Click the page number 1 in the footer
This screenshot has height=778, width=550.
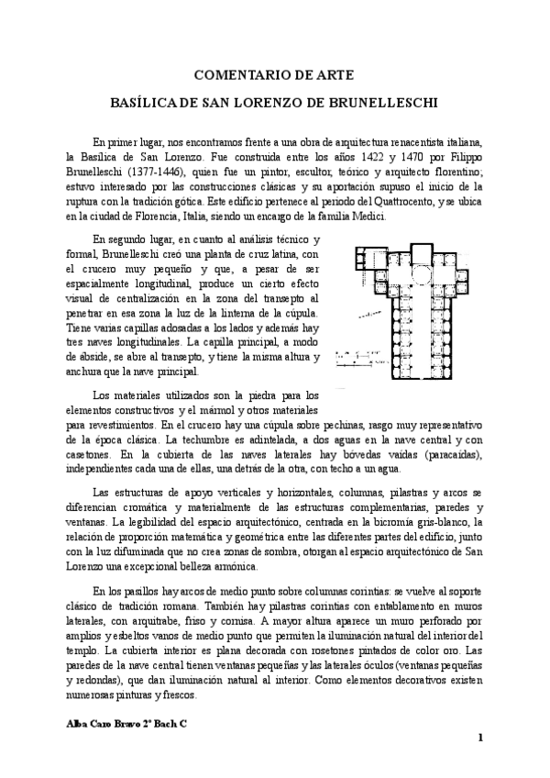(x=480, y=739)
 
